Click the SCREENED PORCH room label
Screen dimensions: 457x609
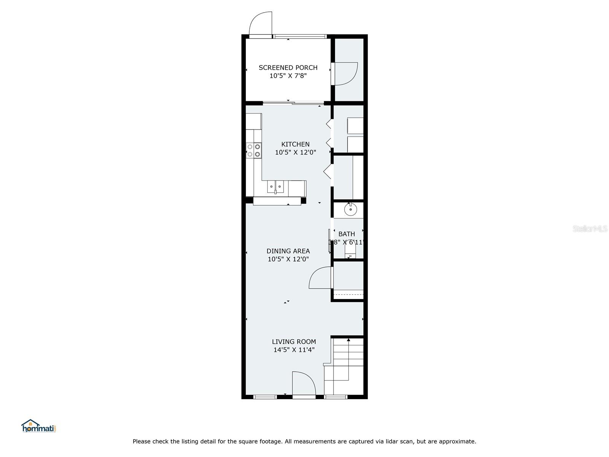click(x=288, y=67)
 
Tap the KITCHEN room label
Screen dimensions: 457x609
click(x=295, y=144)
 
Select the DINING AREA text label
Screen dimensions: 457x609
click(x=288, y=251)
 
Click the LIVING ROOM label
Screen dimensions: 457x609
click(x=294, y=342)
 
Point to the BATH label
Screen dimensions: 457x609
click(x=346, y=234)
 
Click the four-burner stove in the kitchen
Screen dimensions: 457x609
click(x=253, y=150)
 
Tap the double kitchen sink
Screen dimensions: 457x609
click(x=275, y=187)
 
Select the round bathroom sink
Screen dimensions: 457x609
click(x=350, y=209)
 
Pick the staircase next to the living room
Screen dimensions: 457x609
click(x=344, y=366)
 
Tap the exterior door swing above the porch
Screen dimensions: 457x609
click(x=261, y=24)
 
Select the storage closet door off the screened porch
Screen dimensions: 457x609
click(x=345, y=74)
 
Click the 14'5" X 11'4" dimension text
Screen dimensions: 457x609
click(x=294, y=350)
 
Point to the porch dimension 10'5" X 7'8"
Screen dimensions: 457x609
click(x=288, y=76)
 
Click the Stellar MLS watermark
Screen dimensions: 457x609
click(x=590, y=228)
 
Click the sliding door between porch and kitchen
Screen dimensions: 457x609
click(x=293, y=102)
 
